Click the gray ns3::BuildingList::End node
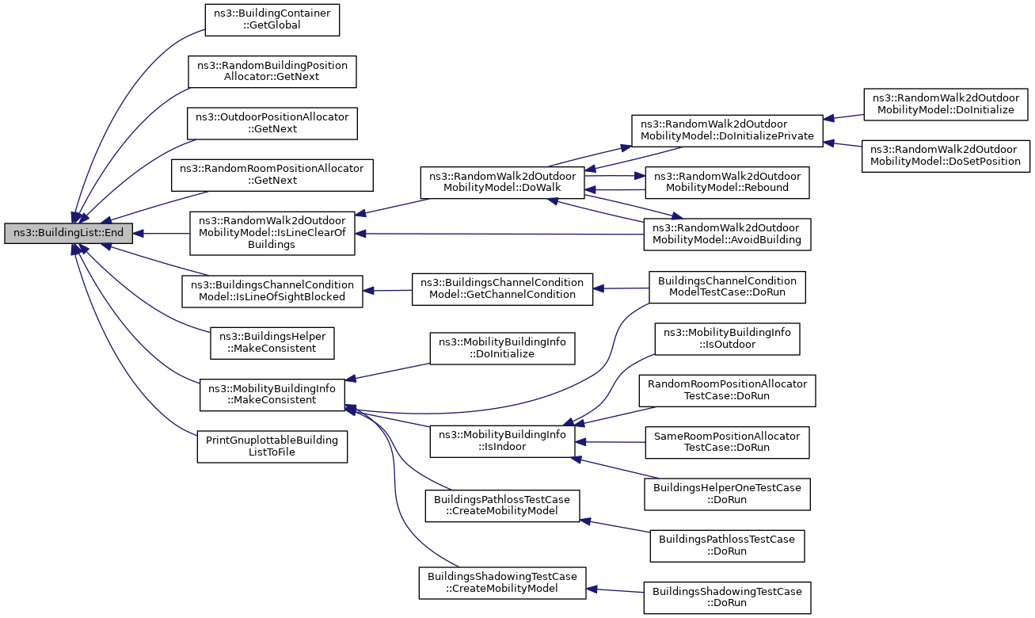tap(68, 233)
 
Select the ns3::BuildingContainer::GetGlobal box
tap(272, 20)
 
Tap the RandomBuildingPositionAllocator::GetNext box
tap(272, 71)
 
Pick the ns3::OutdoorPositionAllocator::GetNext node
tap(272, 124)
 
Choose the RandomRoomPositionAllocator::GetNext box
tap(272, 175)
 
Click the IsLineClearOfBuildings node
tap(272, 234)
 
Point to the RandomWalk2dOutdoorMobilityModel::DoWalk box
tap(502, 182)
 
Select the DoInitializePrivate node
tap(727, 131)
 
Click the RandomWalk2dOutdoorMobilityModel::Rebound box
tap(727, 182)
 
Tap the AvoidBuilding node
tap(727, 235)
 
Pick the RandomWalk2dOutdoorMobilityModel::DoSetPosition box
tap(946, 156)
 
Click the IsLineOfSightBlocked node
tap(272, 292)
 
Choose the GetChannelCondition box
tap(502, 289)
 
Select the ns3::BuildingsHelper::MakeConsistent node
tap(272, 343)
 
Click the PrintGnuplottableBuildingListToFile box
tap(272, 447)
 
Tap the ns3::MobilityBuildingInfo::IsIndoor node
tap(502, 441)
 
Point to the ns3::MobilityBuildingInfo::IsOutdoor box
tap(727, 339)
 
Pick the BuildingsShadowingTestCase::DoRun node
tap(727, 597)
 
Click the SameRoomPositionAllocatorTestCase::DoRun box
tap(727, 442)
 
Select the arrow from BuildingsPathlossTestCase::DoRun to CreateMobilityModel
tap(615, 526)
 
